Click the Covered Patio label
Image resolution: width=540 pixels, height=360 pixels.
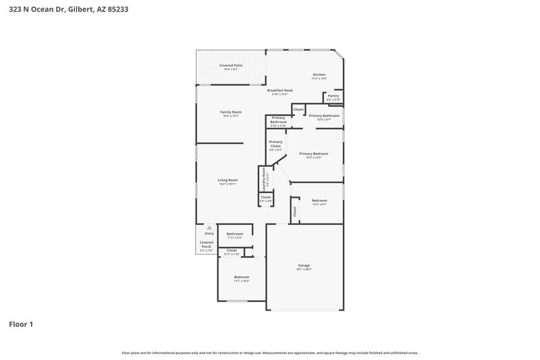(231, 66)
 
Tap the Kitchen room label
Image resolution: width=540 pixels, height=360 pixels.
(319, 74)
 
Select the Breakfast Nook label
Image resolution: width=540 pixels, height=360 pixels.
(279, 91)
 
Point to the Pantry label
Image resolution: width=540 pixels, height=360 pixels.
(333, 96)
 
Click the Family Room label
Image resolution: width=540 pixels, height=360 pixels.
(231, 112)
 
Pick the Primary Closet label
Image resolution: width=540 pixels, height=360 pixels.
(275, 144)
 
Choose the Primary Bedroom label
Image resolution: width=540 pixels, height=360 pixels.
(314, 154)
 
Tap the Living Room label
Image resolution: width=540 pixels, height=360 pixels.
(227, 180)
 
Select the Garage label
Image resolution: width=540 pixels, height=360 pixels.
(304, 265)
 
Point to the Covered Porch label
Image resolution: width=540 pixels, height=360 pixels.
(206, 245)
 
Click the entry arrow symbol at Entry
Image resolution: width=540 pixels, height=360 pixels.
(209, 228)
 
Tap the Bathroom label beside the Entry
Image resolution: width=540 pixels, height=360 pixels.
(234, 234)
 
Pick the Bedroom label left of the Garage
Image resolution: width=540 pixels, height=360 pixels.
(241, 277)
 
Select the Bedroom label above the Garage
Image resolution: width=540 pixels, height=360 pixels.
(319, 201)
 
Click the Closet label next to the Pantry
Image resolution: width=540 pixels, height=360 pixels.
(298, 109)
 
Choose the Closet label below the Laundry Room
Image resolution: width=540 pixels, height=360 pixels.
(266, 197)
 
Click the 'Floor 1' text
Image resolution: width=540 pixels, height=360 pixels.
(20, 324)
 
